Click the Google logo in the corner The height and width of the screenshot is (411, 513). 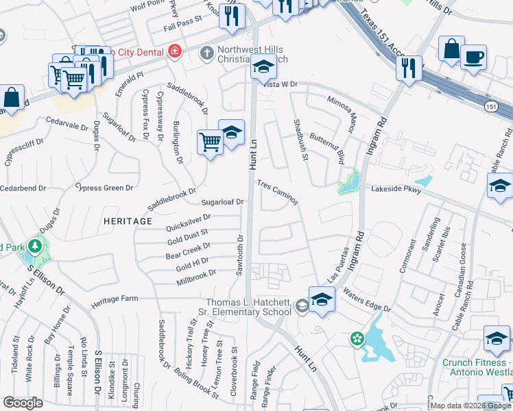coord(23,403)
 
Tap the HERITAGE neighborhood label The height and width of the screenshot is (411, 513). coord(128,221)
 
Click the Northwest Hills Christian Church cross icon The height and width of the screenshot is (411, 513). coord(206,53)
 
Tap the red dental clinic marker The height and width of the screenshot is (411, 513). coord(175,52)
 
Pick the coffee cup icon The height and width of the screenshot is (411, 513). coord(473,57)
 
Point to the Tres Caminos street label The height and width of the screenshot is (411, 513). coord(278,192)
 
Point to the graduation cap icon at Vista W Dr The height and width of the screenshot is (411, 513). coord(262,68)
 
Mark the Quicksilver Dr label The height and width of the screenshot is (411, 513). coord(187,222)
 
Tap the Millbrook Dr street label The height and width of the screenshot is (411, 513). coord(196,273)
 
